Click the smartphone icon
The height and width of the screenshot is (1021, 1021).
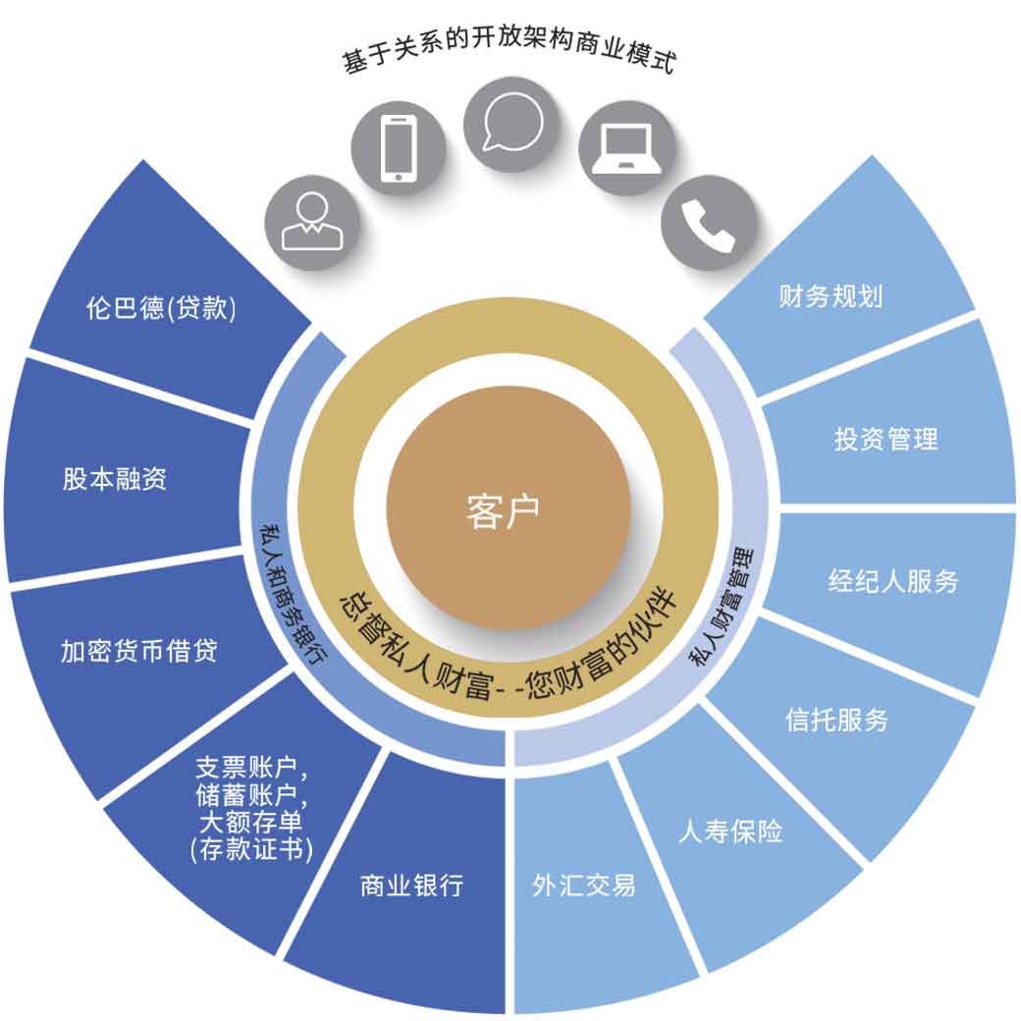[x=398, y=148]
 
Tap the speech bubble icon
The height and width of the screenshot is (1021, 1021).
[x=512, y=123]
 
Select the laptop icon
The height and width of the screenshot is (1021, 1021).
[x=626, y=148]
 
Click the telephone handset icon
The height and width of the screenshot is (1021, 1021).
[x=708, y=225]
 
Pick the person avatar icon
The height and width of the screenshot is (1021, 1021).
[x=312, y=222]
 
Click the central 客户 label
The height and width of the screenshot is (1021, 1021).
[x=504, y=511]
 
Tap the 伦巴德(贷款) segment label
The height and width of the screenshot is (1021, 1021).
[x=161, y=307]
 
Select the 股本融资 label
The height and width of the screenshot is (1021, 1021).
[x=115, y=479]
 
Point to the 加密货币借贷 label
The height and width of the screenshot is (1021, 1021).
[x=139, y=651]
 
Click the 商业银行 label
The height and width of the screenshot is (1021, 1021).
[x=412, y=886]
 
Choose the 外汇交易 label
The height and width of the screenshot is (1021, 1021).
[x=584, y=885]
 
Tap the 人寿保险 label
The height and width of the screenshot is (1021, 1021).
[x=730, y=831]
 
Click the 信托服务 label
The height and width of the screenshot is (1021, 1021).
[x=836, y=720]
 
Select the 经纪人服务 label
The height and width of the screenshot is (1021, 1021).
[x=893, y=581]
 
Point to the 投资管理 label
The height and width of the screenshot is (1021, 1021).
[x=887, y=439]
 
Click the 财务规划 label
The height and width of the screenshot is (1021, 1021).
[x=831, y=296]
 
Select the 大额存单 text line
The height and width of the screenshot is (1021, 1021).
[x=250, y=822]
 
